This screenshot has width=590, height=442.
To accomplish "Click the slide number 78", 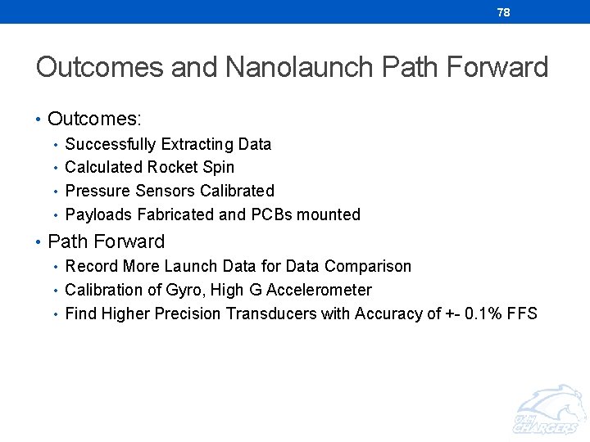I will pyautogui.click(x=503, y=12).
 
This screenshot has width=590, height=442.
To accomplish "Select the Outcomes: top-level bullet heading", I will pyautogui.click(x=94, y=119).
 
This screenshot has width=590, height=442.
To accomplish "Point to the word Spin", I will pyautogui.click(x=218, y=168).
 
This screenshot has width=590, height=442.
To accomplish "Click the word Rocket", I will pyautogui.click(x=173, y=168).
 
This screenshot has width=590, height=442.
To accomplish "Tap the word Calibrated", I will pyautogui.click(x=238, y=191).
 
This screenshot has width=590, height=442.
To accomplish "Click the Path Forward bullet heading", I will pyautogui.click(x=106, y=241).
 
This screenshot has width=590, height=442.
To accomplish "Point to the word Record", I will pyautogui.click(x=91, y=266).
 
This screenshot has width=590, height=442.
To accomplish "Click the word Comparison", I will pyautogui.click(x=368, y=266).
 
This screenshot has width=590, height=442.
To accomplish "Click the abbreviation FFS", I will pyautogui.click(x=522, y=313).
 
